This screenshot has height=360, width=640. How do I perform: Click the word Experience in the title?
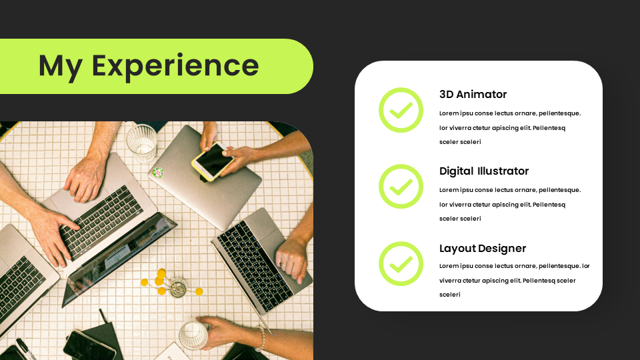pos(175,66)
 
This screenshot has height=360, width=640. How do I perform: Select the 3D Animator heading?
pos(473,94)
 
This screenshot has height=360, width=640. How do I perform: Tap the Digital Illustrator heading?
pos(483,171)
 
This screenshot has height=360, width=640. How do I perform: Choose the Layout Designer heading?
pos(482,248)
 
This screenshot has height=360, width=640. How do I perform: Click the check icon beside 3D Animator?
pos(401,110)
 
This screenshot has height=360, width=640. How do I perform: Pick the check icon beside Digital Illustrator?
pos(401,187)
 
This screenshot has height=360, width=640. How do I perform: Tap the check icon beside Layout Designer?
pos(401,263)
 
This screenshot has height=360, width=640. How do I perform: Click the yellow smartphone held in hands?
pos(212,161)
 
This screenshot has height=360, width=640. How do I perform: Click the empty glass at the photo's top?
pos(142,142)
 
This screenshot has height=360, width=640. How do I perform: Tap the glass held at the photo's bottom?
pos(193,334)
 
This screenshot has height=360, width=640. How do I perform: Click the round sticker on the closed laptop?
pos(158,172)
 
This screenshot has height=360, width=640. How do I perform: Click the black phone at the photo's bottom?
pos(88,345)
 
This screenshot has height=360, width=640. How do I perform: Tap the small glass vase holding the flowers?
pos(178,289)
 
